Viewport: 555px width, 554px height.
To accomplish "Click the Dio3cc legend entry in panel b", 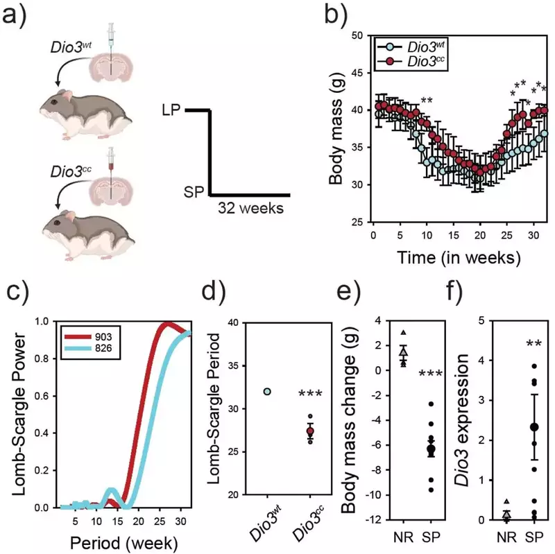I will tap(422, 62).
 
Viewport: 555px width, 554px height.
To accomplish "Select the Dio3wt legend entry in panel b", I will tap(422, 48).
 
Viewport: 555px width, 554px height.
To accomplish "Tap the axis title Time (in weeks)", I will tap(459, 257).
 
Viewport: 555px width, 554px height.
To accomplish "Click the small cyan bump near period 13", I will tap(110, 494).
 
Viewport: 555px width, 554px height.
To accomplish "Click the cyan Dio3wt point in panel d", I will tap(267, 392).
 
